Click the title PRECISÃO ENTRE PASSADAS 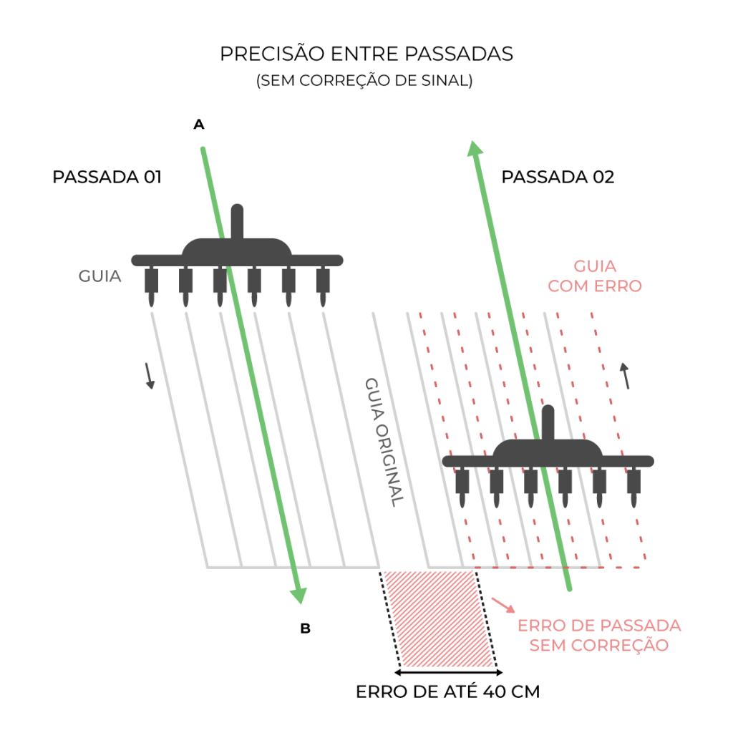click(366, 54)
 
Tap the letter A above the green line click(199, 125)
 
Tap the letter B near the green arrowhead click(305, 629)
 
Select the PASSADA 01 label click(107, 177)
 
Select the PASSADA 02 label click(558, 177)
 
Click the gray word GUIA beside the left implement click(99, 276)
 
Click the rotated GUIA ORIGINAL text click(384, 442)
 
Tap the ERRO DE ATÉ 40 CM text click(447, 692)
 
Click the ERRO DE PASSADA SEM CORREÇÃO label click(598, 635)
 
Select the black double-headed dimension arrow click(449, 673)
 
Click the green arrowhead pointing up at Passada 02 click(474, 149)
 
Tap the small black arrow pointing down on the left click(149, 375)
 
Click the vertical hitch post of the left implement click(237, 221)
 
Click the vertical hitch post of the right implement click(548, 422)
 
